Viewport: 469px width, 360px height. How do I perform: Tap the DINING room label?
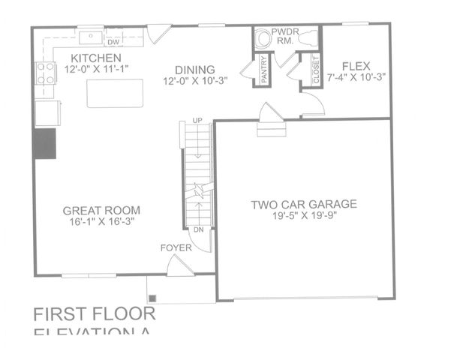195,69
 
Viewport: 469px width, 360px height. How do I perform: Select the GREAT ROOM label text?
102,211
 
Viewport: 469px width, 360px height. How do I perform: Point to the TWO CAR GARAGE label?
304,203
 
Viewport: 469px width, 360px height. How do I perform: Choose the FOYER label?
176,247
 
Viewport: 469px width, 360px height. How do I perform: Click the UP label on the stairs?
197,120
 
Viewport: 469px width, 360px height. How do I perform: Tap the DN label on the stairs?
199,229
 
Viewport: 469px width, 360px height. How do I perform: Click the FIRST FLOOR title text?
95,313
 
